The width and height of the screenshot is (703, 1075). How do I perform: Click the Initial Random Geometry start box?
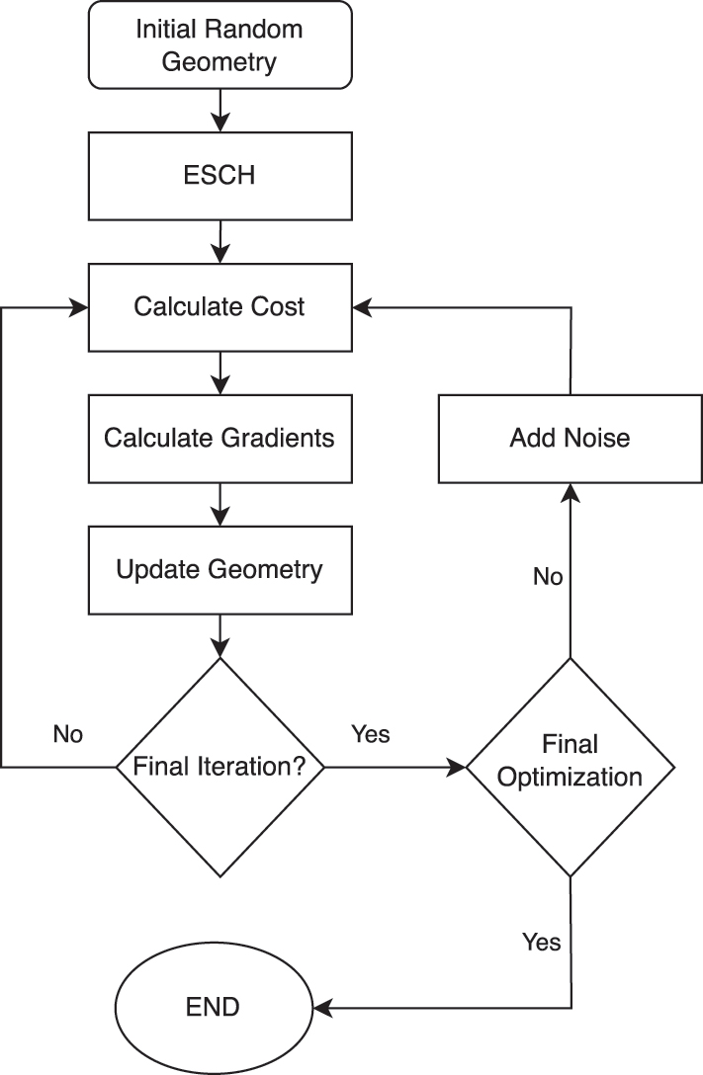[x=220, y=43]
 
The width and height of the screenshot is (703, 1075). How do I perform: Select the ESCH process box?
[x=220, y=175]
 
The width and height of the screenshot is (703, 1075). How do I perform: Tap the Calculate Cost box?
[x=220, y=306]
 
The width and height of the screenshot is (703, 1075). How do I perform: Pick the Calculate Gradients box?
[x=220, y=438]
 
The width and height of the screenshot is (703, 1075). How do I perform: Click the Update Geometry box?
[x=220, y=569]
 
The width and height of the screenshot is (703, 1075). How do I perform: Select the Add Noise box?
[x=570, y=438]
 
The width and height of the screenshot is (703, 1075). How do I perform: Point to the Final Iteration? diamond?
[x=220, y=766]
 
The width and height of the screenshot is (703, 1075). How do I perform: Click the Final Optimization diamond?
[x=570, y=766]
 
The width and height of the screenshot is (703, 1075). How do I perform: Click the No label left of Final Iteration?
[x=67, y=734]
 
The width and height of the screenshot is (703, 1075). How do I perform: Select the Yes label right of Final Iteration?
[x=371, y=734]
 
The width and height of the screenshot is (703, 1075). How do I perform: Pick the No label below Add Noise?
[x=547, y=576]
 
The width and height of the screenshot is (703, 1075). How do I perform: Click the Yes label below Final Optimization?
[x=541, y=942]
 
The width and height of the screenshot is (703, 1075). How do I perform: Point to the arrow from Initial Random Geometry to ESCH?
[x=220, y=109]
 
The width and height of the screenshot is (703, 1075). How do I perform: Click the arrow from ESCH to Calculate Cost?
[x=220, y=241]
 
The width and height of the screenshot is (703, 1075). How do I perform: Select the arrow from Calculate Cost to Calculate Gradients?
[x=220, y=372]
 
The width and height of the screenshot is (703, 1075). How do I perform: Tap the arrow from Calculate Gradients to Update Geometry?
[x=220, y=504]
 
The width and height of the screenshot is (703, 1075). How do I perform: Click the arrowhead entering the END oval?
[x=334, y=1008]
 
